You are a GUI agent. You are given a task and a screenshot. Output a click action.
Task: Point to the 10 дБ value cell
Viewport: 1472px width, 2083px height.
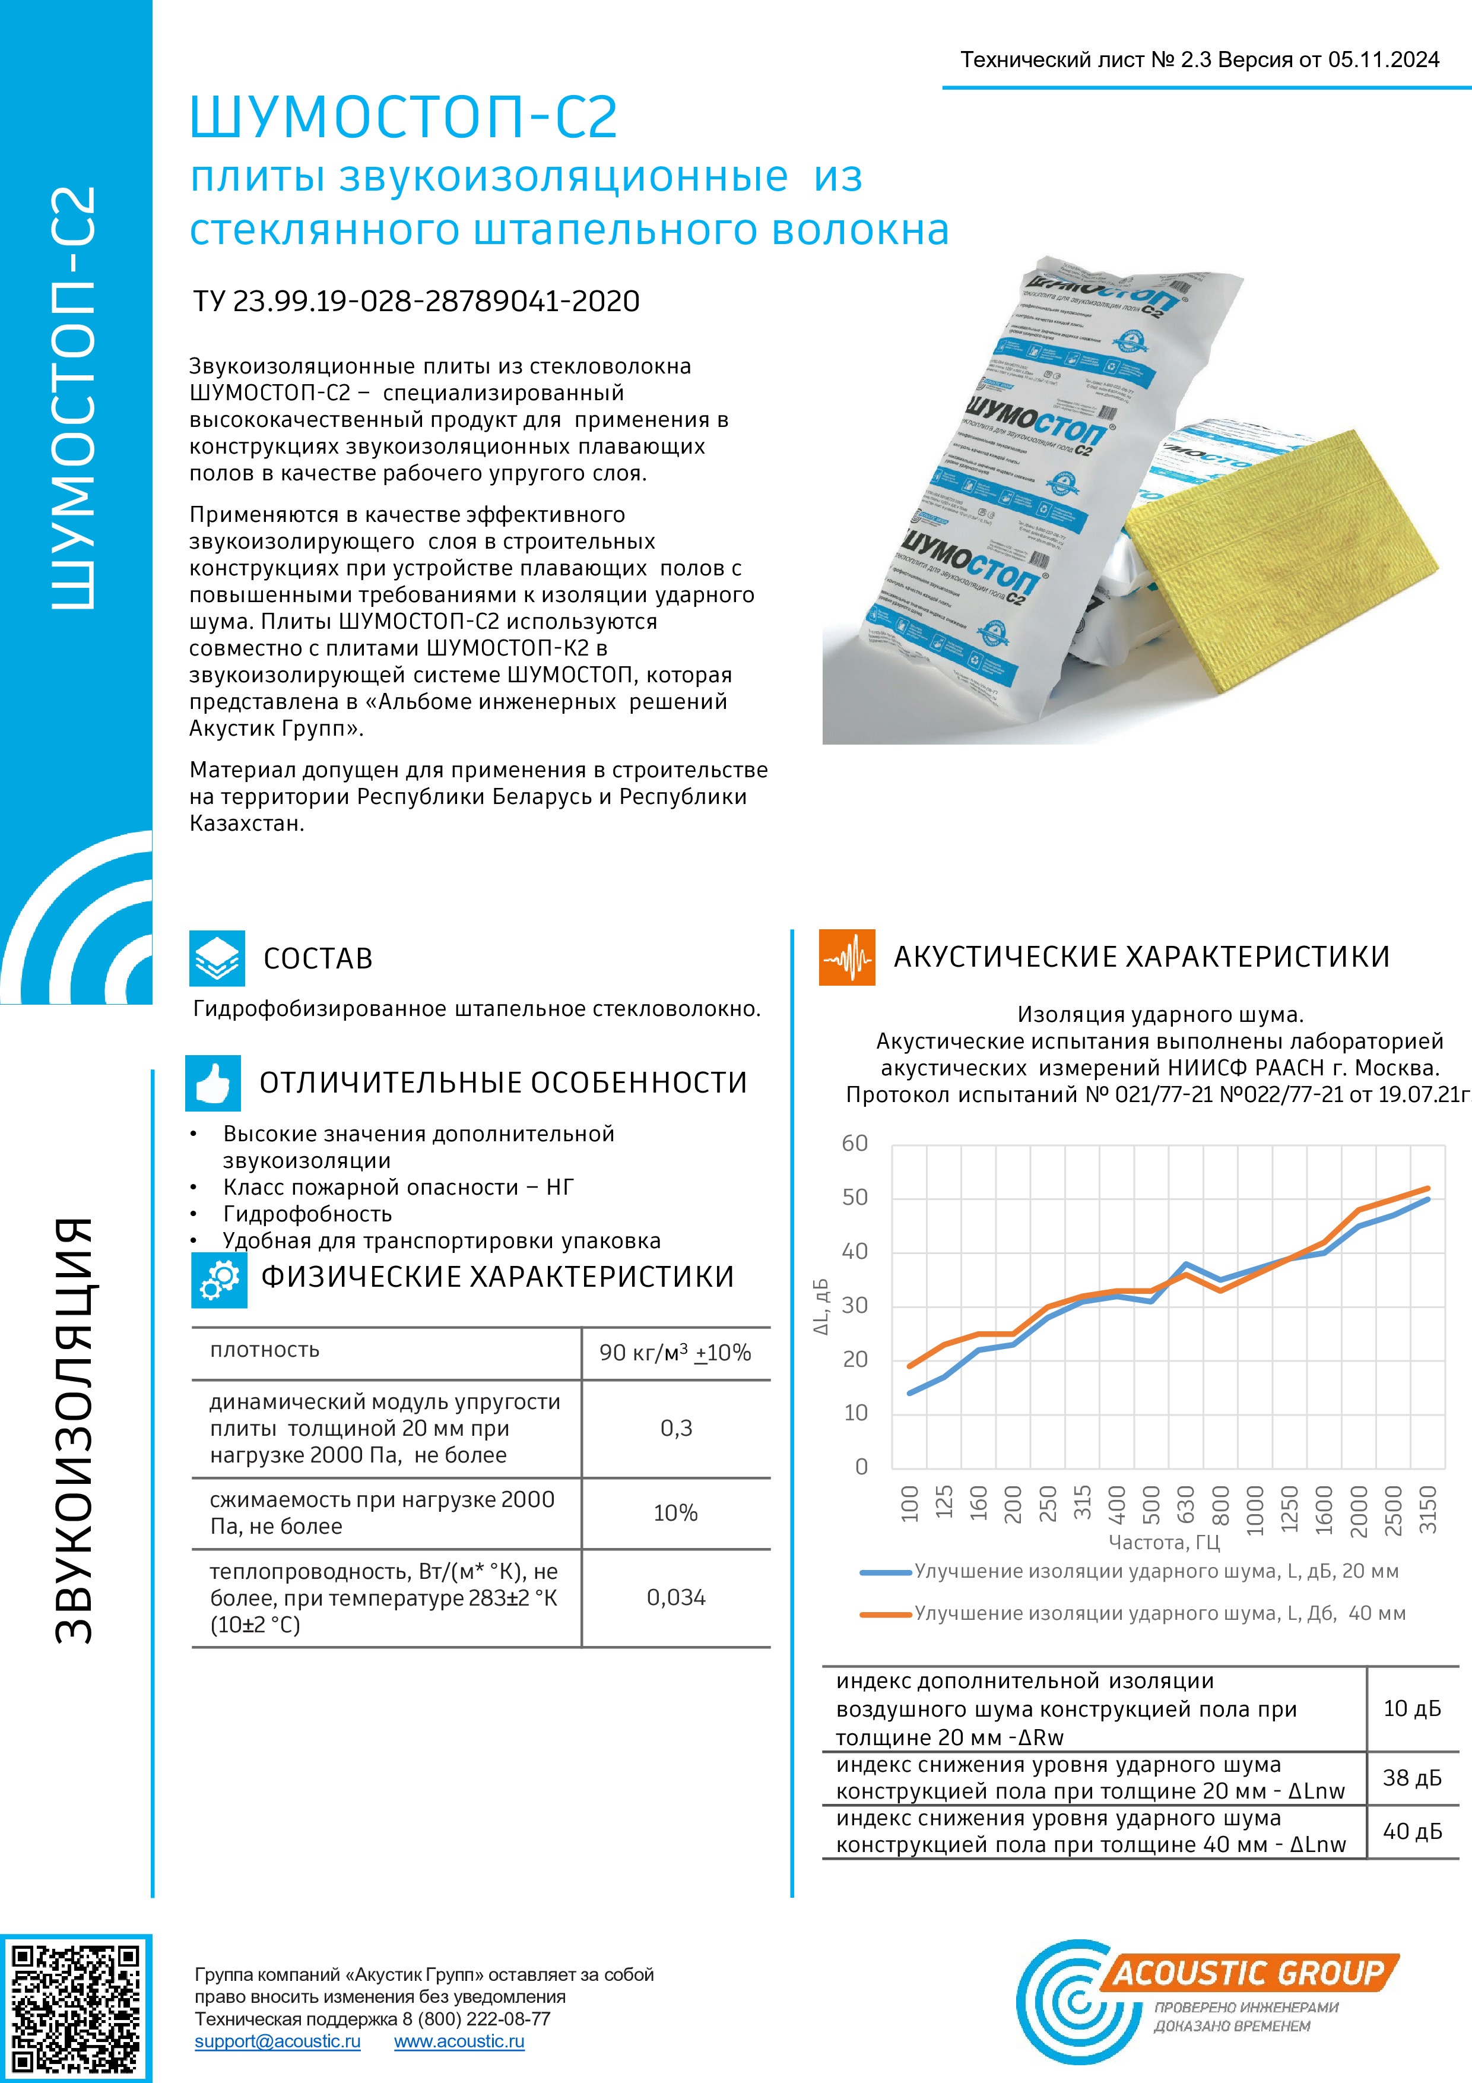tap(1412, 1708)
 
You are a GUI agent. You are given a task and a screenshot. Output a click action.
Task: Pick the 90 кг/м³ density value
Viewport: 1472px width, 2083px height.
tap(675, 1353)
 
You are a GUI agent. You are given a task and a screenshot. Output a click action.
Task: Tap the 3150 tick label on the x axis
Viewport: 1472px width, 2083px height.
tap(1427, 1509)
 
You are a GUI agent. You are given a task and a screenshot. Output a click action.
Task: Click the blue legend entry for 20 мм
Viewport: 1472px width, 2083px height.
tap(1129, 1571)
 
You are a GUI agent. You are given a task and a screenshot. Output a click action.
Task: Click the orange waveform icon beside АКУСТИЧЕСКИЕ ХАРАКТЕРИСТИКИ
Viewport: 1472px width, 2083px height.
tap(847, 957)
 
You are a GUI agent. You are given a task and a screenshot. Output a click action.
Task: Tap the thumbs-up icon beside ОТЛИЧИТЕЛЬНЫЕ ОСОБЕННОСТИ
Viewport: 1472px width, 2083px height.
tap(213, 1082)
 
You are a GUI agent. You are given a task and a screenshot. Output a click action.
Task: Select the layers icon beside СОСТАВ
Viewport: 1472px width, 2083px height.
tap(217, 958)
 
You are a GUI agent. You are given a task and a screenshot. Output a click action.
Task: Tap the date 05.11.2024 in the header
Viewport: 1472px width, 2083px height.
tap(1383, 60)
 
